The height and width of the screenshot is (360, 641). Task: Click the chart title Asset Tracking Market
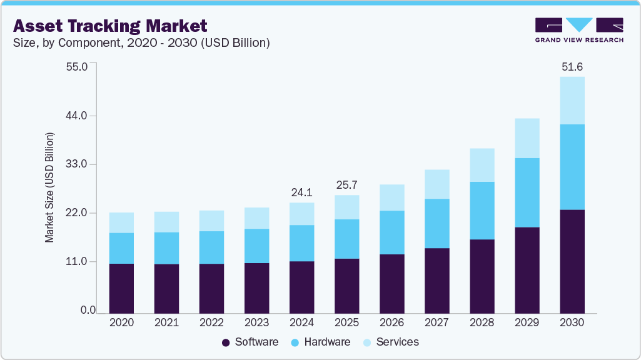tap(110, 26)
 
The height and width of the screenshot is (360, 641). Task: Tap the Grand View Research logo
tap(579, 30)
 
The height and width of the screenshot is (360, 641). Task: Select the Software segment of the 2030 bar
tap(572, 261)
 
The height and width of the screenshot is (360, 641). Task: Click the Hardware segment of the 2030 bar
tap(572, 167)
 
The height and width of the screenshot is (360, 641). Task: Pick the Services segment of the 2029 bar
tap(527, 138)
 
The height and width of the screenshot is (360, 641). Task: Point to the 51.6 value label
tap(572, 66)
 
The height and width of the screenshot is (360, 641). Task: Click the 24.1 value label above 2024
tap(302, 192)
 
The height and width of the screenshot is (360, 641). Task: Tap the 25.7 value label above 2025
tap(347, 186)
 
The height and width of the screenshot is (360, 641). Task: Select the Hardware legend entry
tap(321, 342)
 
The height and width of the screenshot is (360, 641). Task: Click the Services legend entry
tap(391, 342)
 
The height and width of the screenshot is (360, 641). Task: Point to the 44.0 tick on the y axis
tap(84, 116)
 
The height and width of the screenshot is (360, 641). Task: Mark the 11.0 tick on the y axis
tap(84, 262)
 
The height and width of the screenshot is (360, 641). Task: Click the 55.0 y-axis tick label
tap(84, 66)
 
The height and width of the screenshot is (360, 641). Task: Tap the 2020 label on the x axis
tap(121, 322)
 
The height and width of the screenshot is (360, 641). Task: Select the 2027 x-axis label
tap(437, 322)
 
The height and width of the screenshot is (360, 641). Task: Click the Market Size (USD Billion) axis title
tap(49, 187)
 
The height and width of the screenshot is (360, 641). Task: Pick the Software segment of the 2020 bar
tap(121, 288)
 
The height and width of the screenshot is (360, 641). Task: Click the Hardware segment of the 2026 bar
tap(392, 232)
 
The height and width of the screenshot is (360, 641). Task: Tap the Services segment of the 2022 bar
tap(211, 221)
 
